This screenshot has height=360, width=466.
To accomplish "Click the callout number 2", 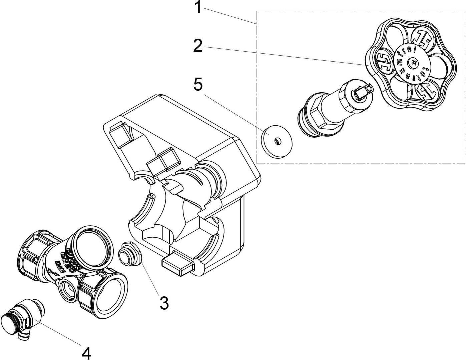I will point(198,46).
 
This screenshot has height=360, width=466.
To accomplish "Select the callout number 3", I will point(164,303).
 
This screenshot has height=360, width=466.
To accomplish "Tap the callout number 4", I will point(86,353).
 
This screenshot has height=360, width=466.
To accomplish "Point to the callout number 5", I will point(198,85).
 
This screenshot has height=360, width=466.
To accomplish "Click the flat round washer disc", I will point(276,140).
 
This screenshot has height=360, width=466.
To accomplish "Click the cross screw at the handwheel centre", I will point(414,62).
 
